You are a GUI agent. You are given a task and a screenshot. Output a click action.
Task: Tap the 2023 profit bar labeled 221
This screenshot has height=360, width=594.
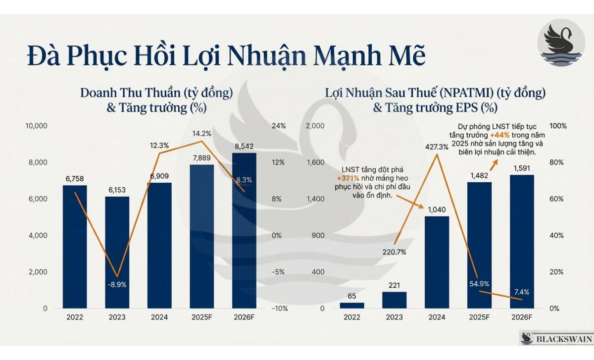[x=395, y=300]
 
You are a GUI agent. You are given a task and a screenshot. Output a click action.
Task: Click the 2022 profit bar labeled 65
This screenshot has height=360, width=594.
[x=352, y=305]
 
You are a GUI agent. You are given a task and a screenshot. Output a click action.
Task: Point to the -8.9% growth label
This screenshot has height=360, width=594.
[x=117, y=285]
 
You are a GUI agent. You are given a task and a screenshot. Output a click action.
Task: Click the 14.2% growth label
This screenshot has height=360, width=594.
[x=202, y=133]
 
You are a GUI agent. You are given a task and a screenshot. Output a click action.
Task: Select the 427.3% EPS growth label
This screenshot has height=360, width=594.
[x=437, y=147]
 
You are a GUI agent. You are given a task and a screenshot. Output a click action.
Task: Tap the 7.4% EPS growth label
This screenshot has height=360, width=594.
[x=522, y=284]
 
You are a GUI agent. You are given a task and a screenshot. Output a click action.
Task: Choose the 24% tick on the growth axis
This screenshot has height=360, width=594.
[x=279, y=126]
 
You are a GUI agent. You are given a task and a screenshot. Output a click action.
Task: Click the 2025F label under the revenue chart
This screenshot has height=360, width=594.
[x=202, y=317]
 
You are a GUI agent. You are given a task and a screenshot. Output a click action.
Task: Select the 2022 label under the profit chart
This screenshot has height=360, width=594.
[x=352, y=317]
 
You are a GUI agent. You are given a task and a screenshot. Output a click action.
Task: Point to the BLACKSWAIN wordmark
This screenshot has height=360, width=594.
[x=561, y=339]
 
